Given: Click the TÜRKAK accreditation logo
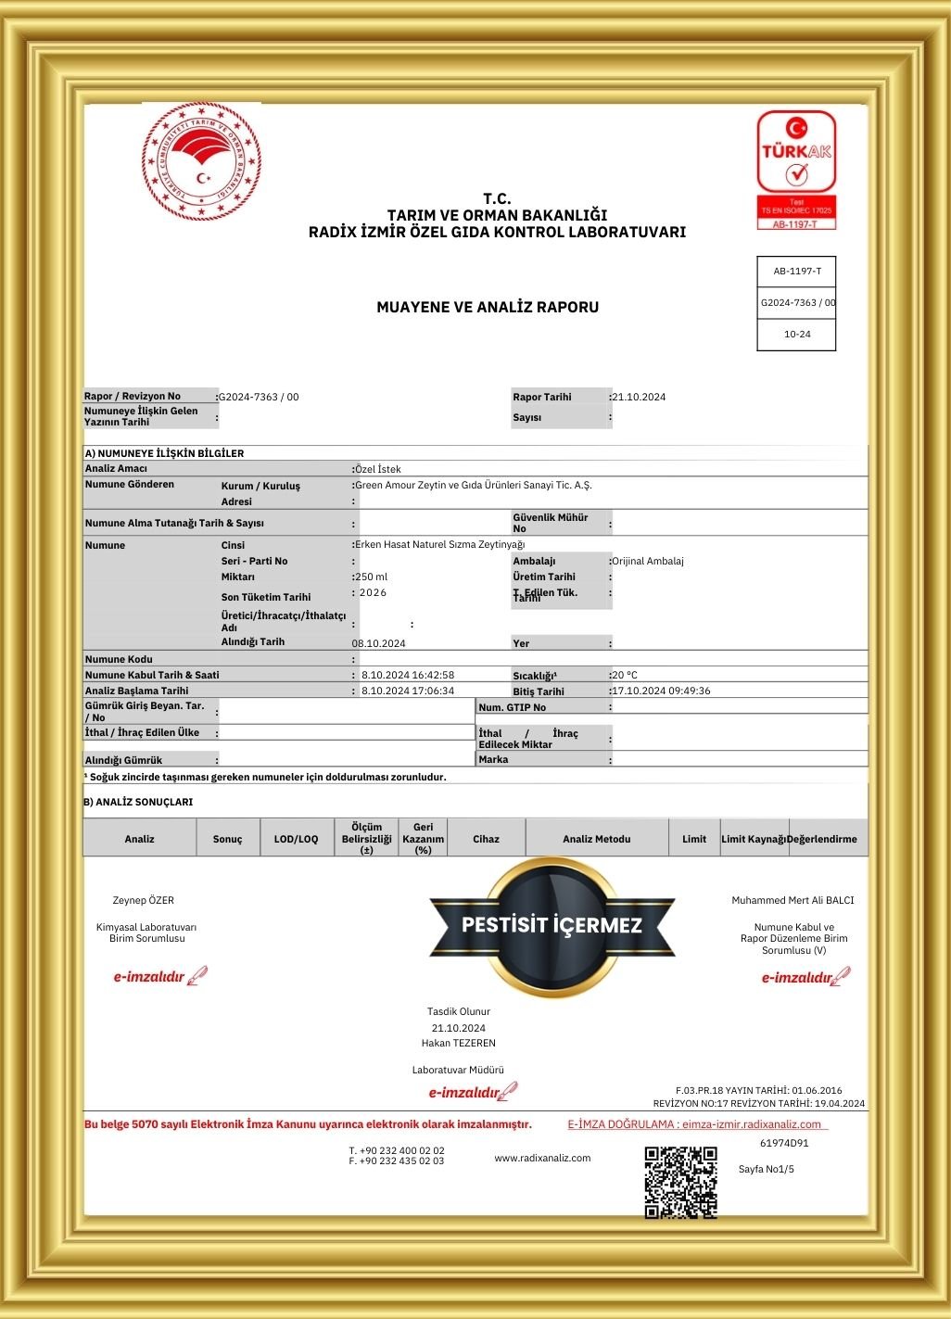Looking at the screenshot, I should (796, 170).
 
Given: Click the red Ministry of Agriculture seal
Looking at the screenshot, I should (201, 161).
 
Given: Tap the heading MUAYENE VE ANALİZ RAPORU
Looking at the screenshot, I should (488, 307).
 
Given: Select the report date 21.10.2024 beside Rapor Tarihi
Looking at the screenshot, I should (640, 397).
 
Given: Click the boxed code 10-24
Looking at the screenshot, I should (796, 335).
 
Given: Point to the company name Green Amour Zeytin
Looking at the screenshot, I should (474, 485).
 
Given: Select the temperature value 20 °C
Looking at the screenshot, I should (625, 675).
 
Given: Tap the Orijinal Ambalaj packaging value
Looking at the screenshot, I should (648, 561).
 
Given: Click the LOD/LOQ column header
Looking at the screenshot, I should (296, 839).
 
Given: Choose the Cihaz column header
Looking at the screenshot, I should (486, 839).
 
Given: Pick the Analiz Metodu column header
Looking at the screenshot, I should (596, 839).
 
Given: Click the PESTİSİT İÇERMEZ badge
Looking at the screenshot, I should (552, 925).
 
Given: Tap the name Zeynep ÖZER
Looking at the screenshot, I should (144, 900).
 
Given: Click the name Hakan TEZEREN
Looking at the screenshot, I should (459, 1043).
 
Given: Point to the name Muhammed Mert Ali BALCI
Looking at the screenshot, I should (792, 900).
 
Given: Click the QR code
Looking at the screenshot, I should (680, 1182).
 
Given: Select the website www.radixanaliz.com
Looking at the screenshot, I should (542, 1158).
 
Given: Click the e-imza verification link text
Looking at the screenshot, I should (695, 1124).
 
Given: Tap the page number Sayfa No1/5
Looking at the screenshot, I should (767, 1169).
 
